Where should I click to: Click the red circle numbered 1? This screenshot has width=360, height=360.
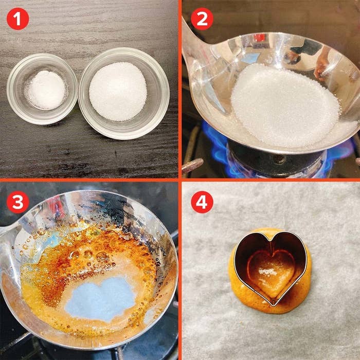(x=18, y=19)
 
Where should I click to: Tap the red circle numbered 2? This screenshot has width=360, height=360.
(x=202, y=19)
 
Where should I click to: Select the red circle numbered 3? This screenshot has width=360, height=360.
(x=18, y=202)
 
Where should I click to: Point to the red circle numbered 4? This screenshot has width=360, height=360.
(x=202, y=202)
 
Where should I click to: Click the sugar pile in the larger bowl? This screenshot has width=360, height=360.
(x=118, y=92)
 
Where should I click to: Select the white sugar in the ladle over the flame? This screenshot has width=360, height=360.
(x=285, y=105)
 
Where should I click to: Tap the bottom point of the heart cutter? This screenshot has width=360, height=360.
(x=273, y=305)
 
